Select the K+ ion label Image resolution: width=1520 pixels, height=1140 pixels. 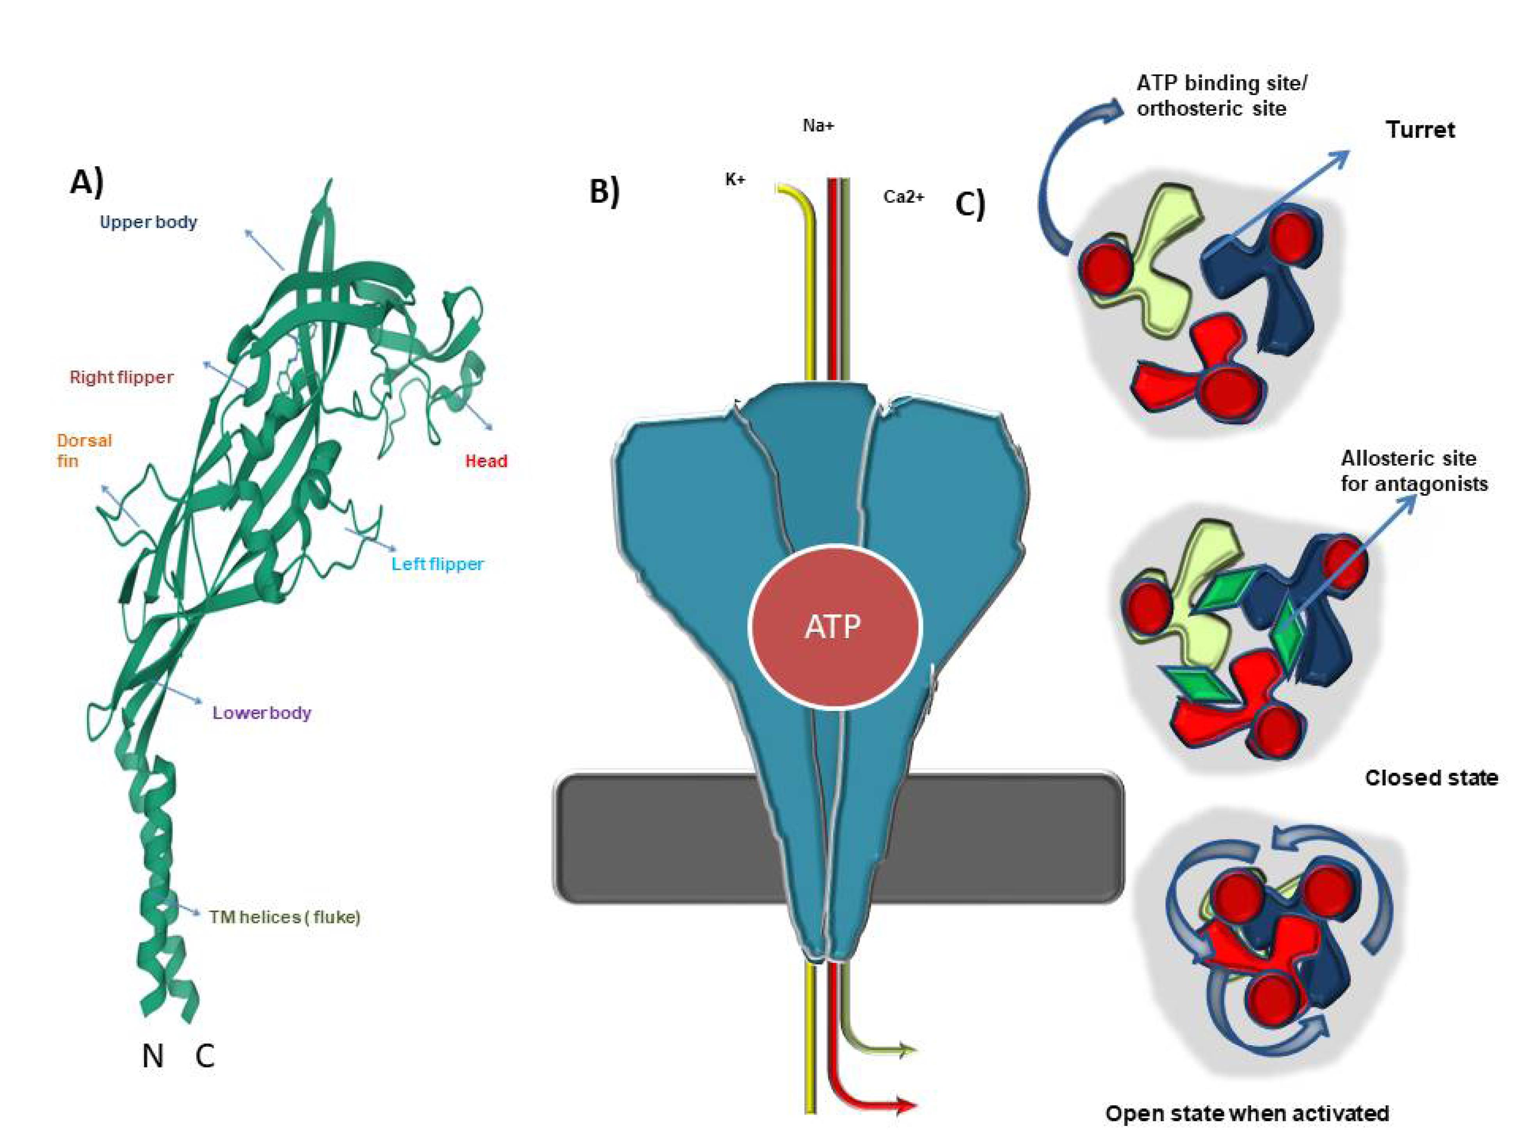coord(735,180)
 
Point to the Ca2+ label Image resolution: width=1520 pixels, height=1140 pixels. coord(904,197)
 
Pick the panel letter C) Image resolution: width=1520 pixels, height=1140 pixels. coord(970,204)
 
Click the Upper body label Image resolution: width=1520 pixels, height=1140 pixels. coord(148,222)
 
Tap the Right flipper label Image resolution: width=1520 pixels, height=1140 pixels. coord(122,377)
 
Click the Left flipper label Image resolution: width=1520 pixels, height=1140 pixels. coord(438,564)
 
